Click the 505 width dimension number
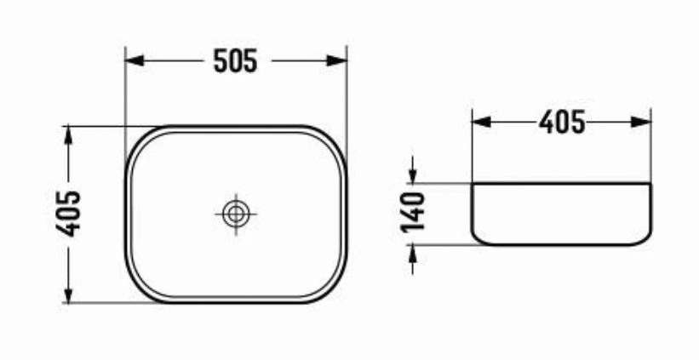(235, 60)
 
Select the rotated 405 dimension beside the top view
(68, 214)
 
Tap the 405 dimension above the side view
(562, 122)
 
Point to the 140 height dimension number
(413, 213)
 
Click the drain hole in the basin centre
(235, 214)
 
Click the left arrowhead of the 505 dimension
(135, 60)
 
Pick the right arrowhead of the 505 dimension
(337, 60)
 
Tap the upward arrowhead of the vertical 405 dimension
(68, 135)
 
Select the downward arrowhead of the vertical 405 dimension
(68, 294)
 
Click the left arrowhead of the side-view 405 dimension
(481, 122)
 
